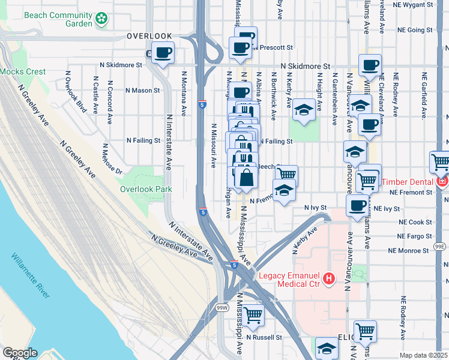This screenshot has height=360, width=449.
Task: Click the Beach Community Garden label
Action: click(x=59, y=20)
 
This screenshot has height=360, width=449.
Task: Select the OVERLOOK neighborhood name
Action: click(x=149, y=36)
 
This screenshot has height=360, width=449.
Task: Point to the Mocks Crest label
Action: click(x=23, y=72)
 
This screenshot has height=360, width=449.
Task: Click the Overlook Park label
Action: click(x=146, y=190)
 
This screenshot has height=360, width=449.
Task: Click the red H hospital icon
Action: click(x=328, y=278)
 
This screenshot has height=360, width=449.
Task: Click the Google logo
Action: click(x=20, y=353)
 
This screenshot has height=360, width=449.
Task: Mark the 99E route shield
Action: click(x=441, y=246)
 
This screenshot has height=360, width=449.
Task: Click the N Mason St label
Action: click(x=143, y=91)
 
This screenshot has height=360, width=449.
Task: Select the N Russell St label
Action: click(x=264, y=338)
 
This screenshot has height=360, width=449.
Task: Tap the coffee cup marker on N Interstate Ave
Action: click(x=163, y=53)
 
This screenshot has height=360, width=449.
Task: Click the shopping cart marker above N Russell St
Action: click(x=253, y=314)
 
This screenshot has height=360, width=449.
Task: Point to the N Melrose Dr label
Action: click(x=113, y=158)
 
